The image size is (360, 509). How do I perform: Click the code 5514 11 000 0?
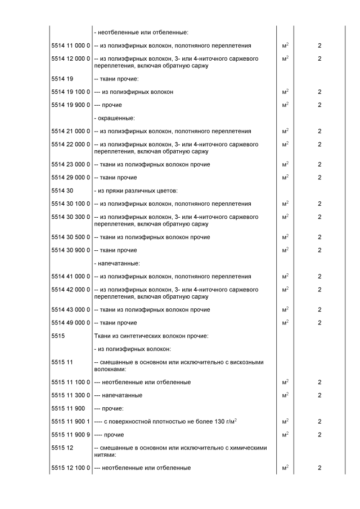70,45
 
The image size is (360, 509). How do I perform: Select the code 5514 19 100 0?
70,92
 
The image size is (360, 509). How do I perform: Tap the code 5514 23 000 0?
70,164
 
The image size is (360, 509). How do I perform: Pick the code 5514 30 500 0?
70,237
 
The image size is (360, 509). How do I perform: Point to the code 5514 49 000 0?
70,323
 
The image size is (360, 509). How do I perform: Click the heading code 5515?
58,336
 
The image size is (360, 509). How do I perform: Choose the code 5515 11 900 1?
70,421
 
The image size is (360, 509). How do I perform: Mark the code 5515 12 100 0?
70,468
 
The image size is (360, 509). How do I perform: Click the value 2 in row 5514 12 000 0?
319,58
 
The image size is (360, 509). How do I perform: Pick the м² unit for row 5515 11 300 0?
285,395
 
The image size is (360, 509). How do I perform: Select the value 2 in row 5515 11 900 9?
319,435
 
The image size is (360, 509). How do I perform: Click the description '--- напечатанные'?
118,395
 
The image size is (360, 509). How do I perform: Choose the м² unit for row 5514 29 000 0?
285,177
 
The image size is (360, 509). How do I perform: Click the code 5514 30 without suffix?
62,191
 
